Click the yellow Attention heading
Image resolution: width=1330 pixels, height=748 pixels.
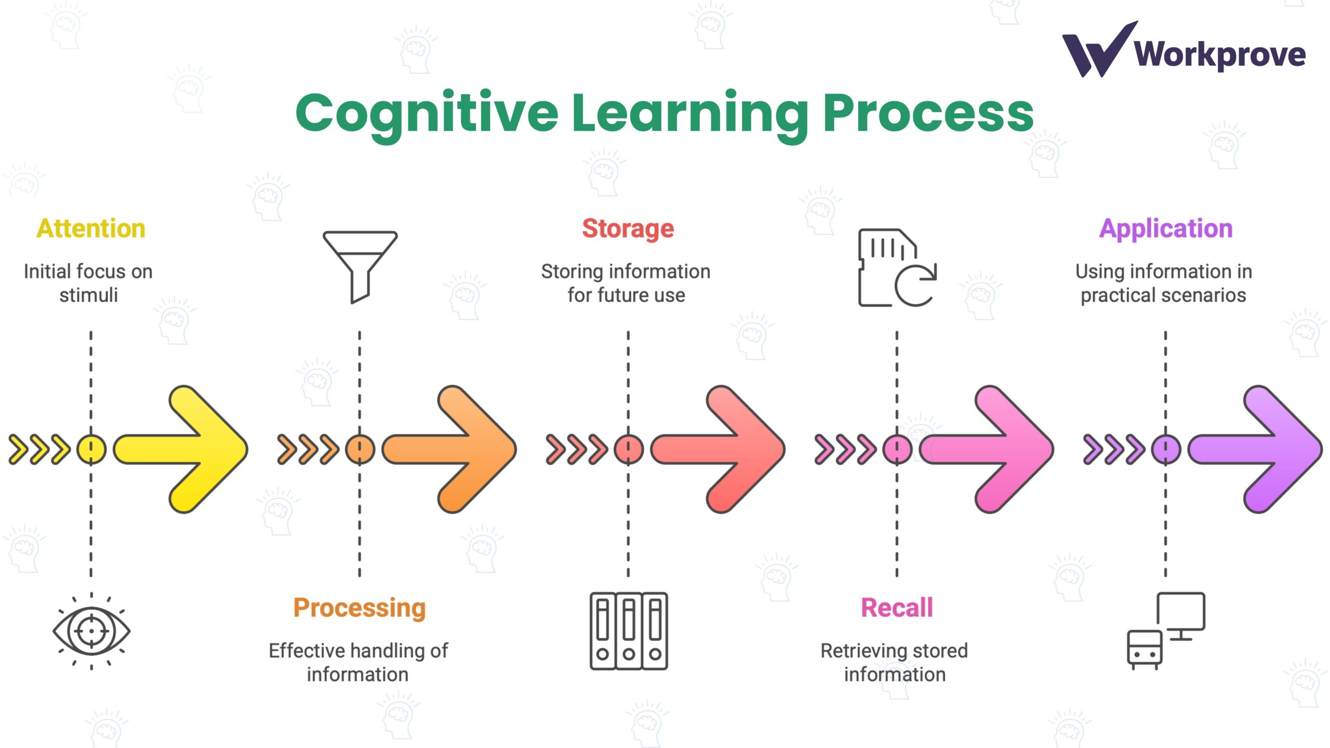91,229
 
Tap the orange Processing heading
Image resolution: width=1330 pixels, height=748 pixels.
360,608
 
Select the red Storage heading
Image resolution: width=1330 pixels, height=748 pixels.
628,229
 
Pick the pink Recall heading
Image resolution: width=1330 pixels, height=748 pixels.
897,608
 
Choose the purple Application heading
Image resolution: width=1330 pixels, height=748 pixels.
1166,229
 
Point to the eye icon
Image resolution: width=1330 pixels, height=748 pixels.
91,631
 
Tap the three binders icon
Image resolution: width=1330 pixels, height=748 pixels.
629,631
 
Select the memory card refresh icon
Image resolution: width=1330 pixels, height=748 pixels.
897,268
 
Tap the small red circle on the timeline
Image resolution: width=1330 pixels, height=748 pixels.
629,449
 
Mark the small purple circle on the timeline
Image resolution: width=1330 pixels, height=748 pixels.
1166,449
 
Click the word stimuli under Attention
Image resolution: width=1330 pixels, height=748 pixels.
88,295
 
